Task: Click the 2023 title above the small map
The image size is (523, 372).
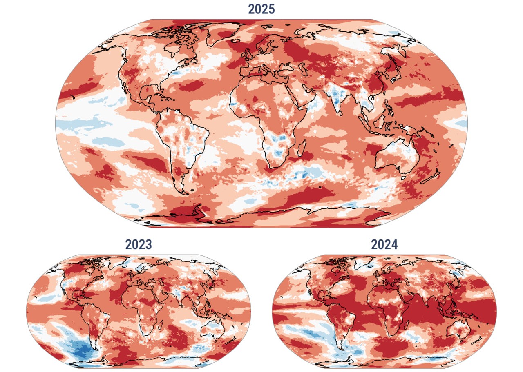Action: (139, 244)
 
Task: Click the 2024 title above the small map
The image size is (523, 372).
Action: (384, 244)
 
